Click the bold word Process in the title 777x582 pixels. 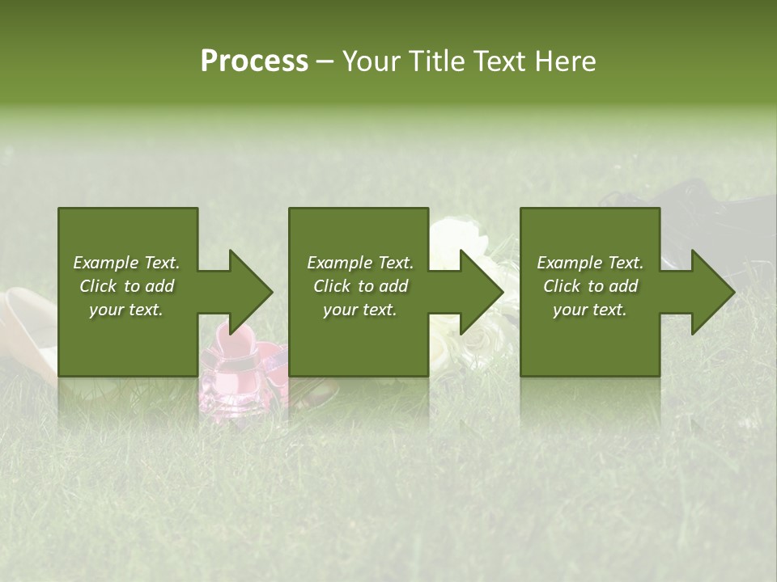pyautogui.click(x=254, y=61)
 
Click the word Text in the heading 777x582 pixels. pyautogui.click(x=503, y=61)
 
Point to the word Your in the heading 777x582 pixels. pyautogui.click(x=372, y=61)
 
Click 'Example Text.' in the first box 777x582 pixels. pyautogui.click(x=126, y=263)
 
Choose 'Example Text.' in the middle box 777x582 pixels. pyautogui.click(x=360, y=263)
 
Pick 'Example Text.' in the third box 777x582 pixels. pyautogui.click(x=590, y=263)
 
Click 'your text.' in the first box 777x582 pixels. pyautogui.click(x=126, y=310)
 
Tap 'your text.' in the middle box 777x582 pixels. pyautogui.click(x=360, y=310)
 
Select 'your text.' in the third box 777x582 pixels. pyautogui.click(x=590, y=310)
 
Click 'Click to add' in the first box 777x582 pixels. pyautogui.click(x=126, y=286)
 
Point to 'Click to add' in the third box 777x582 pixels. pyautogui.click(x=590, y=286)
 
